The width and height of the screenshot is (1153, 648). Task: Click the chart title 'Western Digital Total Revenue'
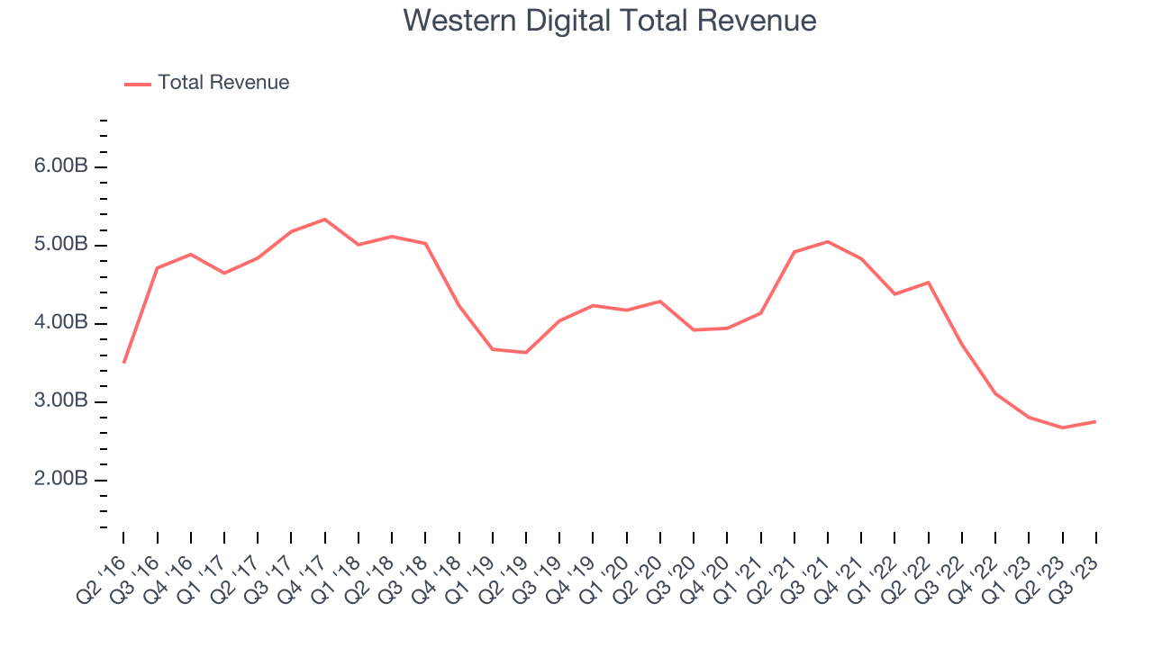pos(610,21)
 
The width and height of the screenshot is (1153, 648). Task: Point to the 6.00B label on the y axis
pos(62,167)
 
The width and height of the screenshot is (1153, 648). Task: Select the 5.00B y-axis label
pos(62,246)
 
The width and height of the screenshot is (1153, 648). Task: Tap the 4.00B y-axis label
pos(62,324)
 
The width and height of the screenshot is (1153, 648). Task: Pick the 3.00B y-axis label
pos(62,402)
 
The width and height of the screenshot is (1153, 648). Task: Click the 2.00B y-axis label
pos(62,480)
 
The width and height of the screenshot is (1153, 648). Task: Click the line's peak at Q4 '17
pos(325,220)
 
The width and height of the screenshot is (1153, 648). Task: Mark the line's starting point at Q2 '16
pos(124,362)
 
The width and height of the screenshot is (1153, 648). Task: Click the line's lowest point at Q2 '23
pos(1063,427)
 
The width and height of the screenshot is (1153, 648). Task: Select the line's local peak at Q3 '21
pos(828,241)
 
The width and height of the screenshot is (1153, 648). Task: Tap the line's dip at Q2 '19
pos(526,352)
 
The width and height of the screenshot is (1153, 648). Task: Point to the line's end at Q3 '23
pos(1095,421)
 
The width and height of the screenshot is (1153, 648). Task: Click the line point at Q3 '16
pos(158,268)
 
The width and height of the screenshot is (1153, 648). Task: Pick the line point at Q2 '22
pos(928,283)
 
